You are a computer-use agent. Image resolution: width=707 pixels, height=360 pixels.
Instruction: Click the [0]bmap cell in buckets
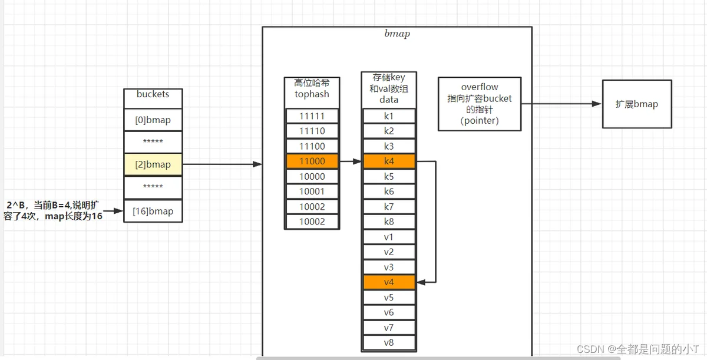click(x=153, y=120)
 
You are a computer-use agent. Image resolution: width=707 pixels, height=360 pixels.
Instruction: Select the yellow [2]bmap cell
click(x=153, y=164)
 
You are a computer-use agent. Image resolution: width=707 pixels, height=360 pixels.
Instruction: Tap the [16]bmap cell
click(x=153, y=211)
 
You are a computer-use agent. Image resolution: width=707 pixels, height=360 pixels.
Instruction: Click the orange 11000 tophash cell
click(x=312, y=161)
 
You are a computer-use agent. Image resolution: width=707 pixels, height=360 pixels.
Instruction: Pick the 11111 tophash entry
click(x=312, y=116)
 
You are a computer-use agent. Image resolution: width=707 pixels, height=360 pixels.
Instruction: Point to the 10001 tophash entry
click(x=312, y=191)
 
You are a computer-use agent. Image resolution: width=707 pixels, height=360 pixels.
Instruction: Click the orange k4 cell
click(x=389, y=161)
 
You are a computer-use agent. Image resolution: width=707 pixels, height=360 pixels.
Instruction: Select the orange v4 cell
click(x=389, y=282)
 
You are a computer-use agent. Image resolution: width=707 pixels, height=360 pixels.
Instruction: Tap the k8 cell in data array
click(x=389, y=222)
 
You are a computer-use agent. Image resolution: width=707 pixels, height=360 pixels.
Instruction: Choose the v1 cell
click(x=389, y=237)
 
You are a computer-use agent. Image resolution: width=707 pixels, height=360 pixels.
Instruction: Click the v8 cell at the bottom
click(x=389, y=343)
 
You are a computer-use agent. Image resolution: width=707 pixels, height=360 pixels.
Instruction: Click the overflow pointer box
click(x=480, y=104)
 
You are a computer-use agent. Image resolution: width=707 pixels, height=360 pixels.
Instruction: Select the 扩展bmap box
click(x=637, y=104)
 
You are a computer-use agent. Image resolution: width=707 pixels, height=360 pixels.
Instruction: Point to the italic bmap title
click(x=397, y=34)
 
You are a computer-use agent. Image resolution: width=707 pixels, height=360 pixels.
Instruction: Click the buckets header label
click(x=153, y=94)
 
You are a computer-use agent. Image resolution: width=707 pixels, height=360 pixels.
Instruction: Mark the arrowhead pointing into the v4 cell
click(x=421, y=282)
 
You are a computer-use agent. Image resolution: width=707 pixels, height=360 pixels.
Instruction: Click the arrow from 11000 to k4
click(x=351, y=161)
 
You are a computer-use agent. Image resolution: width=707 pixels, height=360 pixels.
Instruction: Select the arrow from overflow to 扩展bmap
click(x=561, y=104)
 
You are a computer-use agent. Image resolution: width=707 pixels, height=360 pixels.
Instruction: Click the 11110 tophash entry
click(x=312, y=131)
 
